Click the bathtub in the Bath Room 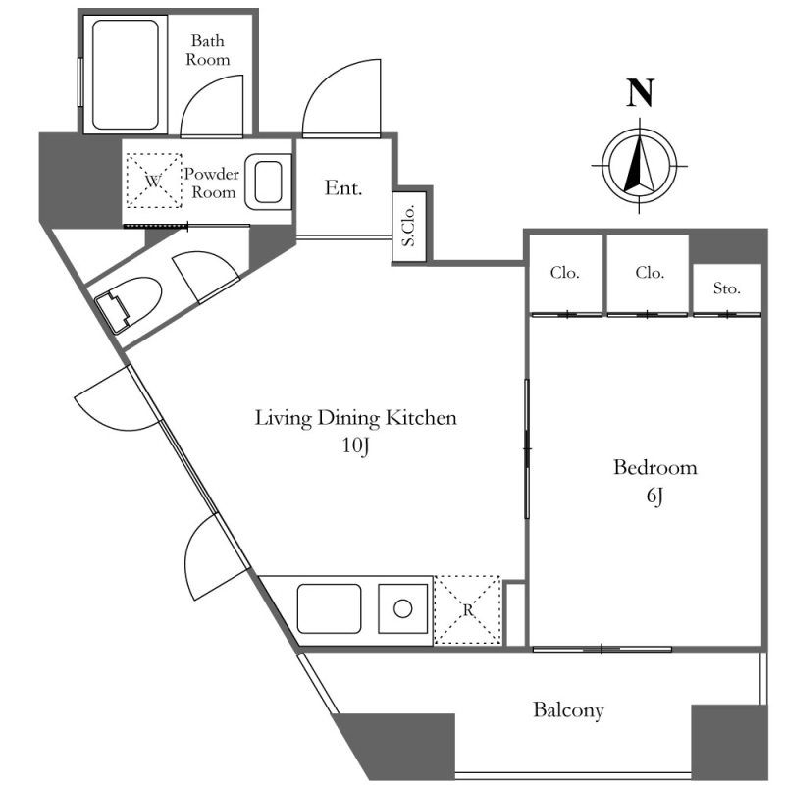click(x=126, y=75)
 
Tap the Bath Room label click(x=208, y=50)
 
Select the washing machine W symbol click(x=154, y=181)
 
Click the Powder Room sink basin click(x=268, y=182)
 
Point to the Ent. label click(x=342, y=188)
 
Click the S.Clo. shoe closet click(x=409, y=227)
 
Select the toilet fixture click(x=129, y=305)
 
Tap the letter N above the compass click(x=641, y=93)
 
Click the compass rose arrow click(x=640, y=164)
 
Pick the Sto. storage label click(x=726, y=288)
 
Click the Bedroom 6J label click(x=654, y=481)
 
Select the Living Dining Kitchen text click(x=355, y=418)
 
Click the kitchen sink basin click(x=329, y=608)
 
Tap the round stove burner click(x=403, y=608)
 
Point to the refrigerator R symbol click(x=468, y=609)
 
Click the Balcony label click(x=568, y=710)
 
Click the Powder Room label click(x=212, y=183)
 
